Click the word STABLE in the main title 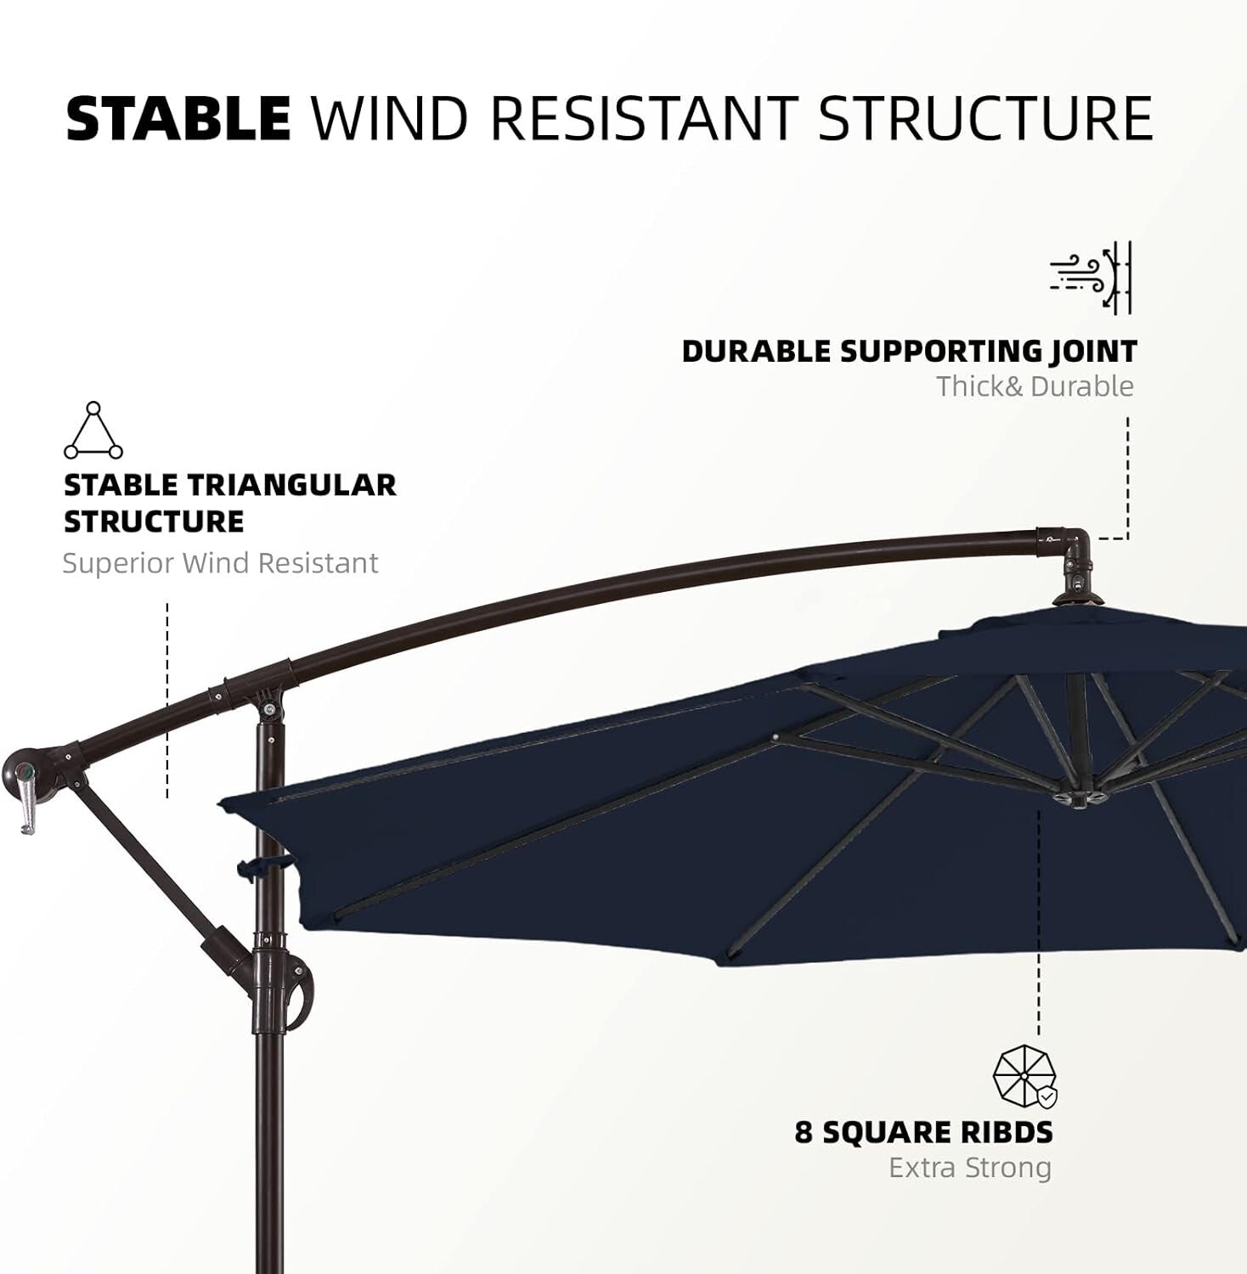click(178, 118)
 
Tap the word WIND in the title click(390, 118)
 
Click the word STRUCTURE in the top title click(985, 118)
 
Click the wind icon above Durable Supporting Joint click(1091, 277)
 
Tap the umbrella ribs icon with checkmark click(1025, 1076)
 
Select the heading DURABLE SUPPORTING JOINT click(909, 351)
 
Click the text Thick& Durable click(1035, 386)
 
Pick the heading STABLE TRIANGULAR click(230, 485)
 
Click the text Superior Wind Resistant click(220, 563)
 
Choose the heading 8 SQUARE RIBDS click(923, 1132)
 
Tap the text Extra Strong click(969, 1168)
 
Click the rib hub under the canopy click(1078, 798)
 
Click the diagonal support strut click(144, 859)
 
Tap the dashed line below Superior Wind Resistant click(167, 700)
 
